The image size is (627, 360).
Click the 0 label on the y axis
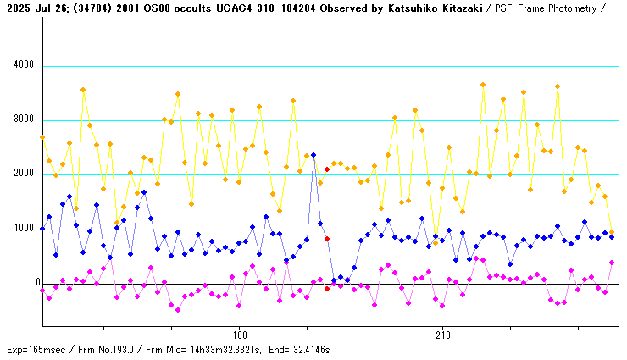pyautogui.click(x=31, y=283)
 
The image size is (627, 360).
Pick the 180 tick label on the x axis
pyautogui.click(x=239, y=335)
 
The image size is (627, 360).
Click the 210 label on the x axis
pyautogui.click(x=442, y=335)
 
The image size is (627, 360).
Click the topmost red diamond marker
pyautogui.click(x=327, y=169)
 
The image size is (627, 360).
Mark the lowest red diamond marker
pyautogui.click(x=327, y=289)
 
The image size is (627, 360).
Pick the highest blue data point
pyautogui.click(x=313, y=155)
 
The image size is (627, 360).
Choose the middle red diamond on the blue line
pyautogui.click(x=327, y=240)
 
